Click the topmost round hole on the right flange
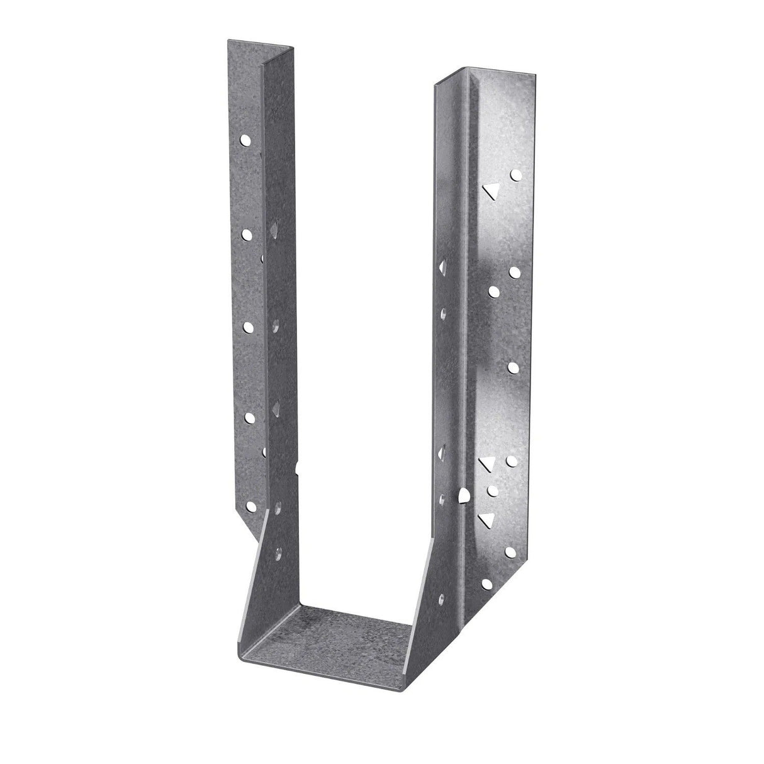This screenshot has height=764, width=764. (x=516, y=174)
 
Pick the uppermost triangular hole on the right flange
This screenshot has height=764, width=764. (x=489, y=190)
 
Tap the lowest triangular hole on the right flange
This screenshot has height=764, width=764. (x=485, y=518)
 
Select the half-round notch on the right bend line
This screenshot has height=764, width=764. (x=464, y=496)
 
